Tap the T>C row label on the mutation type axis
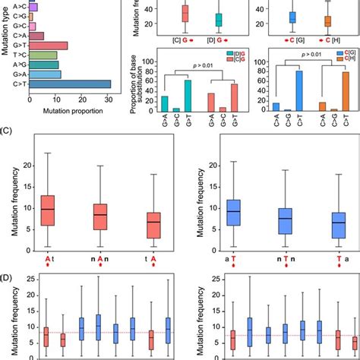click(19, 55)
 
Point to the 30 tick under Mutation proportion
click(109, 99)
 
